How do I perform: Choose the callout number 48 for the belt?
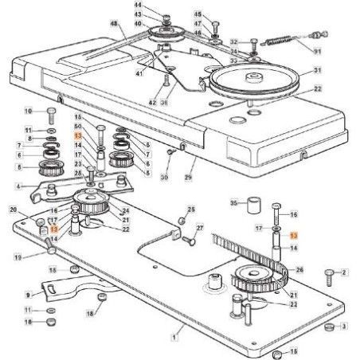113,25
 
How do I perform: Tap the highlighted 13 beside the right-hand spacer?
292,237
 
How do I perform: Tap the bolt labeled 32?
254,41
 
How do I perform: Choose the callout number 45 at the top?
198,14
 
